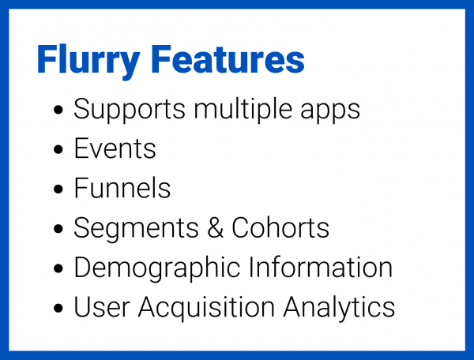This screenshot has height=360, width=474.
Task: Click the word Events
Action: (x=115, y=148)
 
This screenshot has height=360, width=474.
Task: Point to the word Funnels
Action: (x=122, y=188)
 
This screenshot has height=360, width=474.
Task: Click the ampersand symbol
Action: (x=209, y=228)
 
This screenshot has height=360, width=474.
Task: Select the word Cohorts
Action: (x=280, y=228)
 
